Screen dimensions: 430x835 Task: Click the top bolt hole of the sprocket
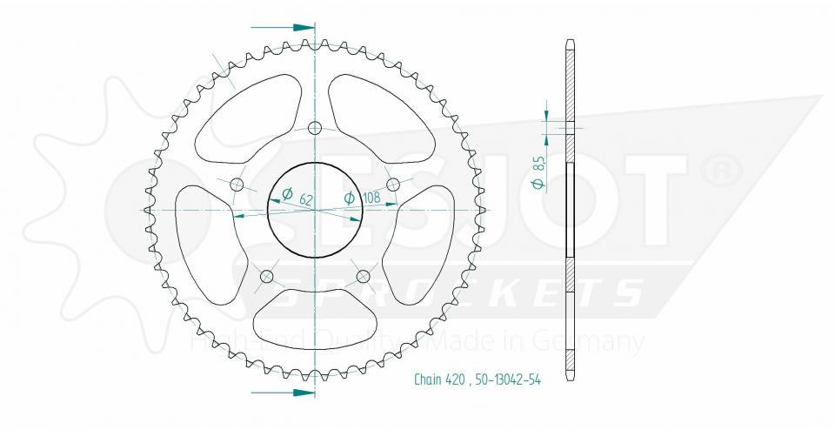(316, 127)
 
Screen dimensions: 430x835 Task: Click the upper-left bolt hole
(237, 185)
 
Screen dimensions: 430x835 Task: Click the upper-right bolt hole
(393, 185)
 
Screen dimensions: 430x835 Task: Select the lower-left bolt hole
(267, 277)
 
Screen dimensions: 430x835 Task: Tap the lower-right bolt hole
(364, 277)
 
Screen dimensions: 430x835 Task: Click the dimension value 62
(306, 199)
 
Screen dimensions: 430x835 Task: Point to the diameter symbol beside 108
(350, 198)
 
